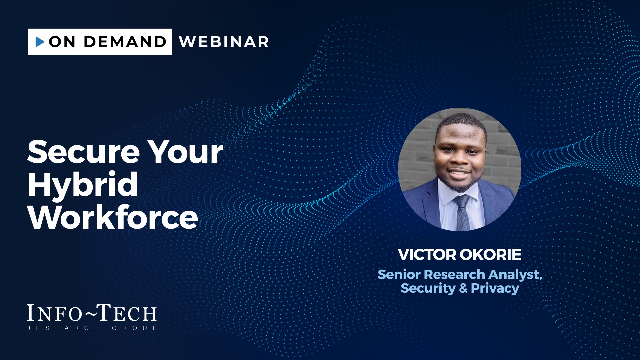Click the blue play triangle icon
(40, 42)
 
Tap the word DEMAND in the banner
(125, 42)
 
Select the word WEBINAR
(224, 42)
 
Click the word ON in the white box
(62, 42)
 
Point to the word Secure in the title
(83, 152)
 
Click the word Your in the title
(185, 152)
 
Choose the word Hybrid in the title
(83, 185)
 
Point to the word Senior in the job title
(399, 274)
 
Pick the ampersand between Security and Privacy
(463, 288)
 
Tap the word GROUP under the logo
(134, 328)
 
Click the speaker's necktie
(462, 213)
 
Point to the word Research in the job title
(455, 274)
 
